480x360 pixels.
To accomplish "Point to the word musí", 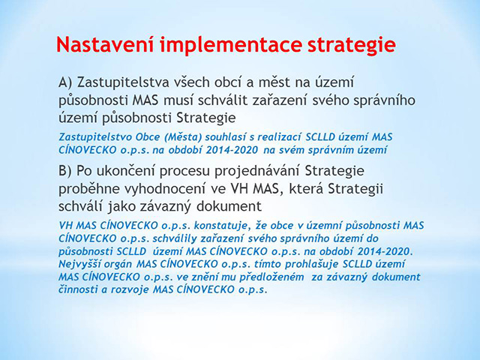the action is coord(178,100).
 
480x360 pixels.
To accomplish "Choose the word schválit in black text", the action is coord(223,100).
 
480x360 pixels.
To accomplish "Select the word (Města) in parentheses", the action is coord(183,136).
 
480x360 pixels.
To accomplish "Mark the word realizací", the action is coord(280,136).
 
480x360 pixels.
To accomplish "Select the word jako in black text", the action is coord(121,207).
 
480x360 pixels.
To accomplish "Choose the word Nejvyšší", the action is coord(80,264).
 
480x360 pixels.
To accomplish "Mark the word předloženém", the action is coord(271,277).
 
